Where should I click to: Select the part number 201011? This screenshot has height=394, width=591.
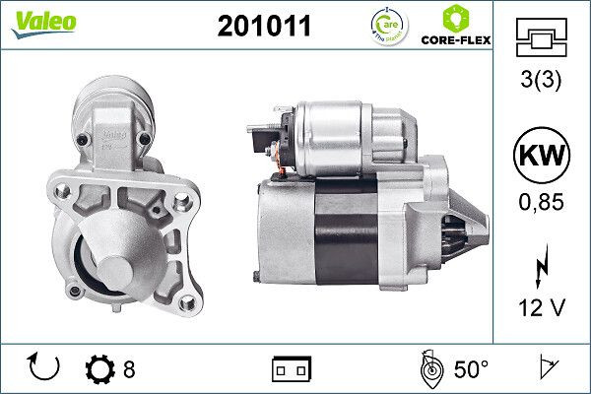click(263, 27)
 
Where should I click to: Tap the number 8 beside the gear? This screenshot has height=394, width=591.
click(129, 370)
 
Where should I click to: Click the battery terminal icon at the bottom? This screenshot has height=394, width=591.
click(292, 370)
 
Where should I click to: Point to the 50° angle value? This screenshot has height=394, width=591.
click(470, 370)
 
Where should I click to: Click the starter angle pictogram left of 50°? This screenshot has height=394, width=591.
click(428, 369)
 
